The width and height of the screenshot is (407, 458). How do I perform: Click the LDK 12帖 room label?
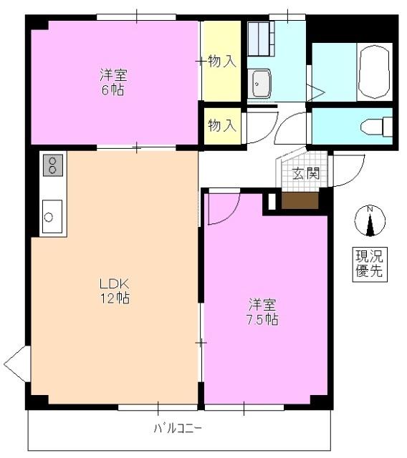click(x=115, y=290)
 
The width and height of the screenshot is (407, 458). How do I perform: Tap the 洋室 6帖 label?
click(x=112, y=81)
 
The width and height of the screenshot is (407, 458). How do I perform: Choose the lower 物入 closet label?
click(x=221, y=126)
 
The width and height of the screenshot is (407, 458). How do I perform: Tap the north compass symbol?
click(x=370, y=220)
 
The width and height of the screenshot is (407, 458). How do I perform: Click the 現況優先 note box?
click(x=370, y=263)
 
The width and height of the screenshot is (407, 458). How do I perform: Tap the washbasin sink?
click(x=259, y=85)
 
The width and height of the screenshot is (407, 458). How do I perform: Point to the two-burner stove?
click(x=53, y=166)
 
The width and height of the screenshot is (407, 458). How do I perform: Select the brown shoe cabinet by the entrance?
click(x=299, y=200)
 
